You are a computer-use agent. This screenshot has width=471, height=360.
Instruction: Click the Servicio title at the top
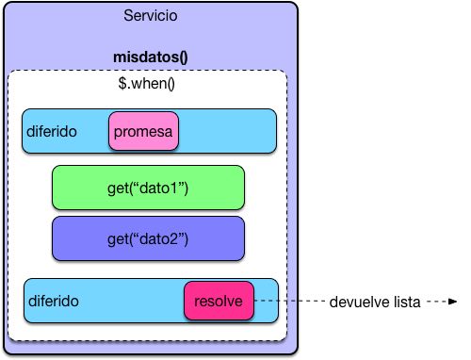tap(150, 17)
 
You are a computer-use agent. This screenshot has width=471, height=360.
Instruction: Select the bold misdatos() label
tap(150, 56)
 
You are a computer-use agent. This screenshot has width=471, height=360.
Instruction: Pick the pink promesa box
tap(143, 132)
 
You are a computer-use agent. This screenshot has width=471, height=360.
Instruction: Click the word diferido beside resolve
tap(54, 302)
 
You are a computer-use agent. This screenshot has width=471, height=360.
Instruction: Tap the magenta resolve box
tap(218, 302)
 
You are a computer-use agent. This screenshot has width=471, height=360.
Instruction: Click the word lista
tap(406, 302)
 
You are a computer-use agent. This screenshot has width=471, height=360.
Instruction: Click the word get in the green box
tap(119, 188)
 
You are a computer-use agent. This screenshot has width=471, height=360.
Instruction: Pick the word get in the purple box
tap(119, 239)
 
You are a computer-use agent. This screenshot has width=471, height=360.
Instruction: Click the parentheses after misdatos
tap(183, 56)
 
